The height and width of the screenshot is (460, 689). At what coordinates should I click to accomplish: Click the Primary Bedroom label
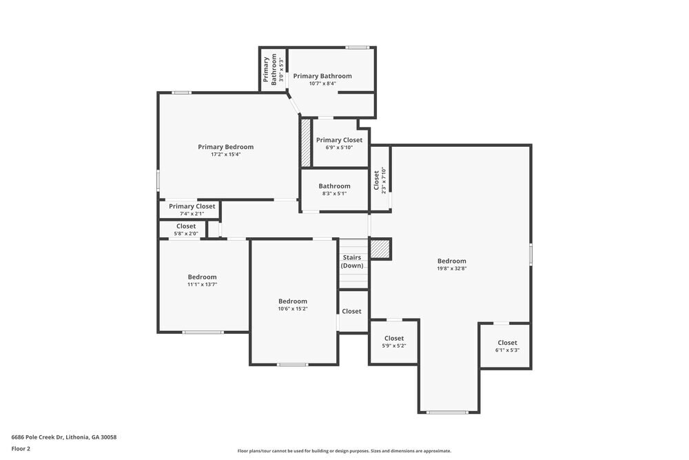225,147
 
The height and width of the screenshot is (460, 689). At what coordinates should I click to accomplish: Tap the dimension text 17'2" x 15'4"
225,154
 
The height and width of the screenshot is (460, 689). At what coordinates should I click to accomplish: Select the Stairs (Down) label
352,261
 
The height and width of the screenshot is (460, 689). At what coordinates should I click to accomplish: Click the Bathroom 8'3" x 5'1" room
334,190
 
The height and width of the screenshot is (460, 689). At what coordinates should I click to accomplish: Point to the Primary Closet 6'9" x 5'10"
339,143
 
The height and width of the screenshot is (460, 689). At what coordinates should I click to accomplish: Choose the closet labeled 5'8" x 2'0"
186,229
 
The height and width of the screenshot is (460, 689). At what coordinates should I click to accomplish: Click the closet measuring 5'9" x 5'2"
393,341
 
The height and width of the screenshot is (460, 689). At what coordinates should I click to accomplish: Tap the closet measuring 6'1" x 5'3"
507,346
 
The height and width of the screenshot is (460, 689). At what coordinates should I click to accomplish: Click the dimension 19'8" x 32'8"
451,269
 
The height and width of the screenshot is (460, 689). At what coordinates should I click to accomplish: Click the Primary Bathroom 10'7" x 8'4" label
322,79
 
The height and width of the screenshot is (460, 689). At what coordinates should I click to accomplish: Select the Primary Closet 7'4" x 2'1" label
192,210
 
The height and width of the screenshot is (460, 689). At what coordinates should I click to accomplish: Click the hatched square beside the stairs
380,249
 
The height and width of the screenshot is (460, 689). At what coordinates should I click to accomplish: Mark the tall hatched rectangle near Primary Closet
306,143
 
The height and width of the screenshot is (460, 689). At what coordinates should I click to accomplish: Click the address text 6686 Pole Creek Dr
64,437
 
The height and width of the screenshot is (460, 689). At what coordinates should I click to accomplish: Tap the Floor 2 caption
21,448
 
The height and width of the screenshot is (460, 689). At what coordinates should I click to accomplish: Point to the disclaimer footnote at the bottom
344,451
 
